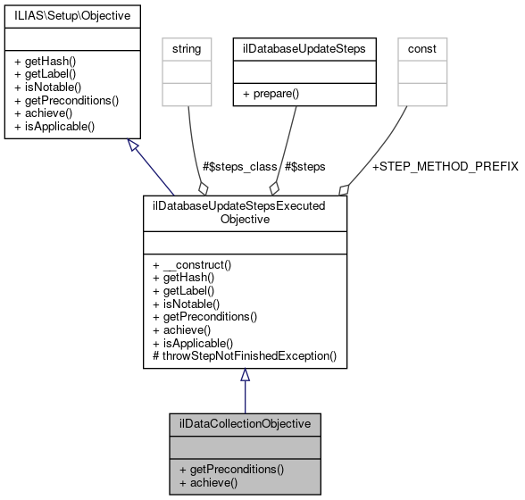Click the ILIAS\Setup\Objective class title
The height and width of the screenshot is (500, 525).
click(67, 16)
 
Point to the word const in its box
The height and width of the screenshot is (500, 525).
click(421, 46)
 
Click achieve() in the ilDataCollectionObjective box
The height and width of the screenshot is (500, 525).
click(208, 481)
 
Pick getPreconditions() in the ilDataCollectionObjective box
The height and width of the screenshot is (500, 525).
click(231, 469)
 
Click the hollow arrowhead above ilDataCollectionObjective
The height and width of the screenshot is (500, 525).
click(245, 376)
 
